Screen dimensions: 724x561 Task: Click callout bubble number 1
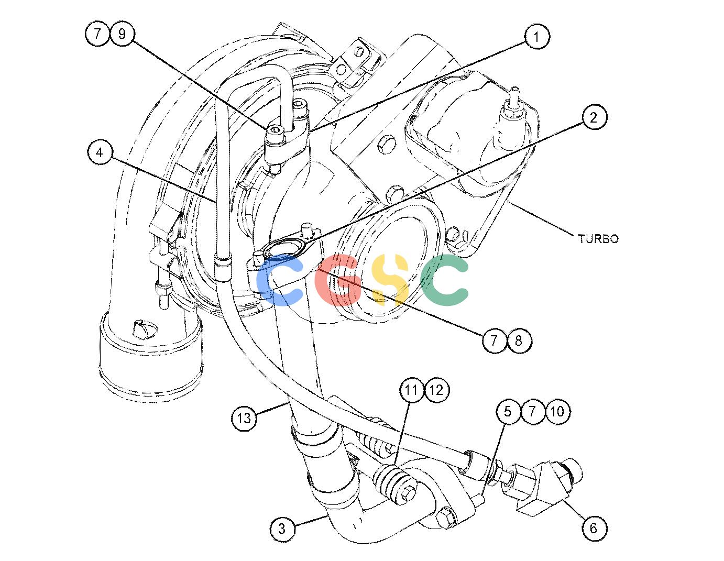point(536,37)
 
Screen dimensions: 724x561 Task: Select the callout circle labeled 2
point(594,118)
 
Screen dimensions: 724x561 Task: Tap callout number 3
point(282,529)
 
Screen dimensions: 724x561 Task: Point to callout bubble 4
point(100,152)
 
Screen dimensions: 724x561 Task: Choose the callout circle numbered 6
point(594,529)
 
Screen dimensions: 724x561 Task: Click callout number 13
point(244,418)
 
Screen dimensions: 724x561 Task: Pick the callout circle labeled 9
point(122,34)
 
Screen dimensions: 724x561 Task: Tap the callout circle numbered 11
point(412,390)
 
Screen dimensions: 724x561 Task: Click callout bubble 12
point(437,390)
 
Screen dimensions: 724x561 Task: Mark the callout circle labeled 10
point(557,411)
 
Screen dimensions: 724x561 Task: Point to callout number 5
point(508,411)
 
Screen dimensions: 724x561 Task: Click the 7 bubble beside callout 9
point(97,34)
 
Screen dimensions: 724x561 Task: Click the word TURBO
point(598,239)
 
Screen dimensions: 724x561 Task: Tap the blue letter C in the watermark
point(279,280)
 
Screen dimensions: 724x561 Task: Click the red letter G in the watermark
point(338,280)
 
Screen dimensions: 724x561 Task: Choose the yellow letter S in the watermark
point(390,280)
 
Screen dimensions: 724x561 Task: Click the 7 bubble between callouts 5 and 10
point(532,411)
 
